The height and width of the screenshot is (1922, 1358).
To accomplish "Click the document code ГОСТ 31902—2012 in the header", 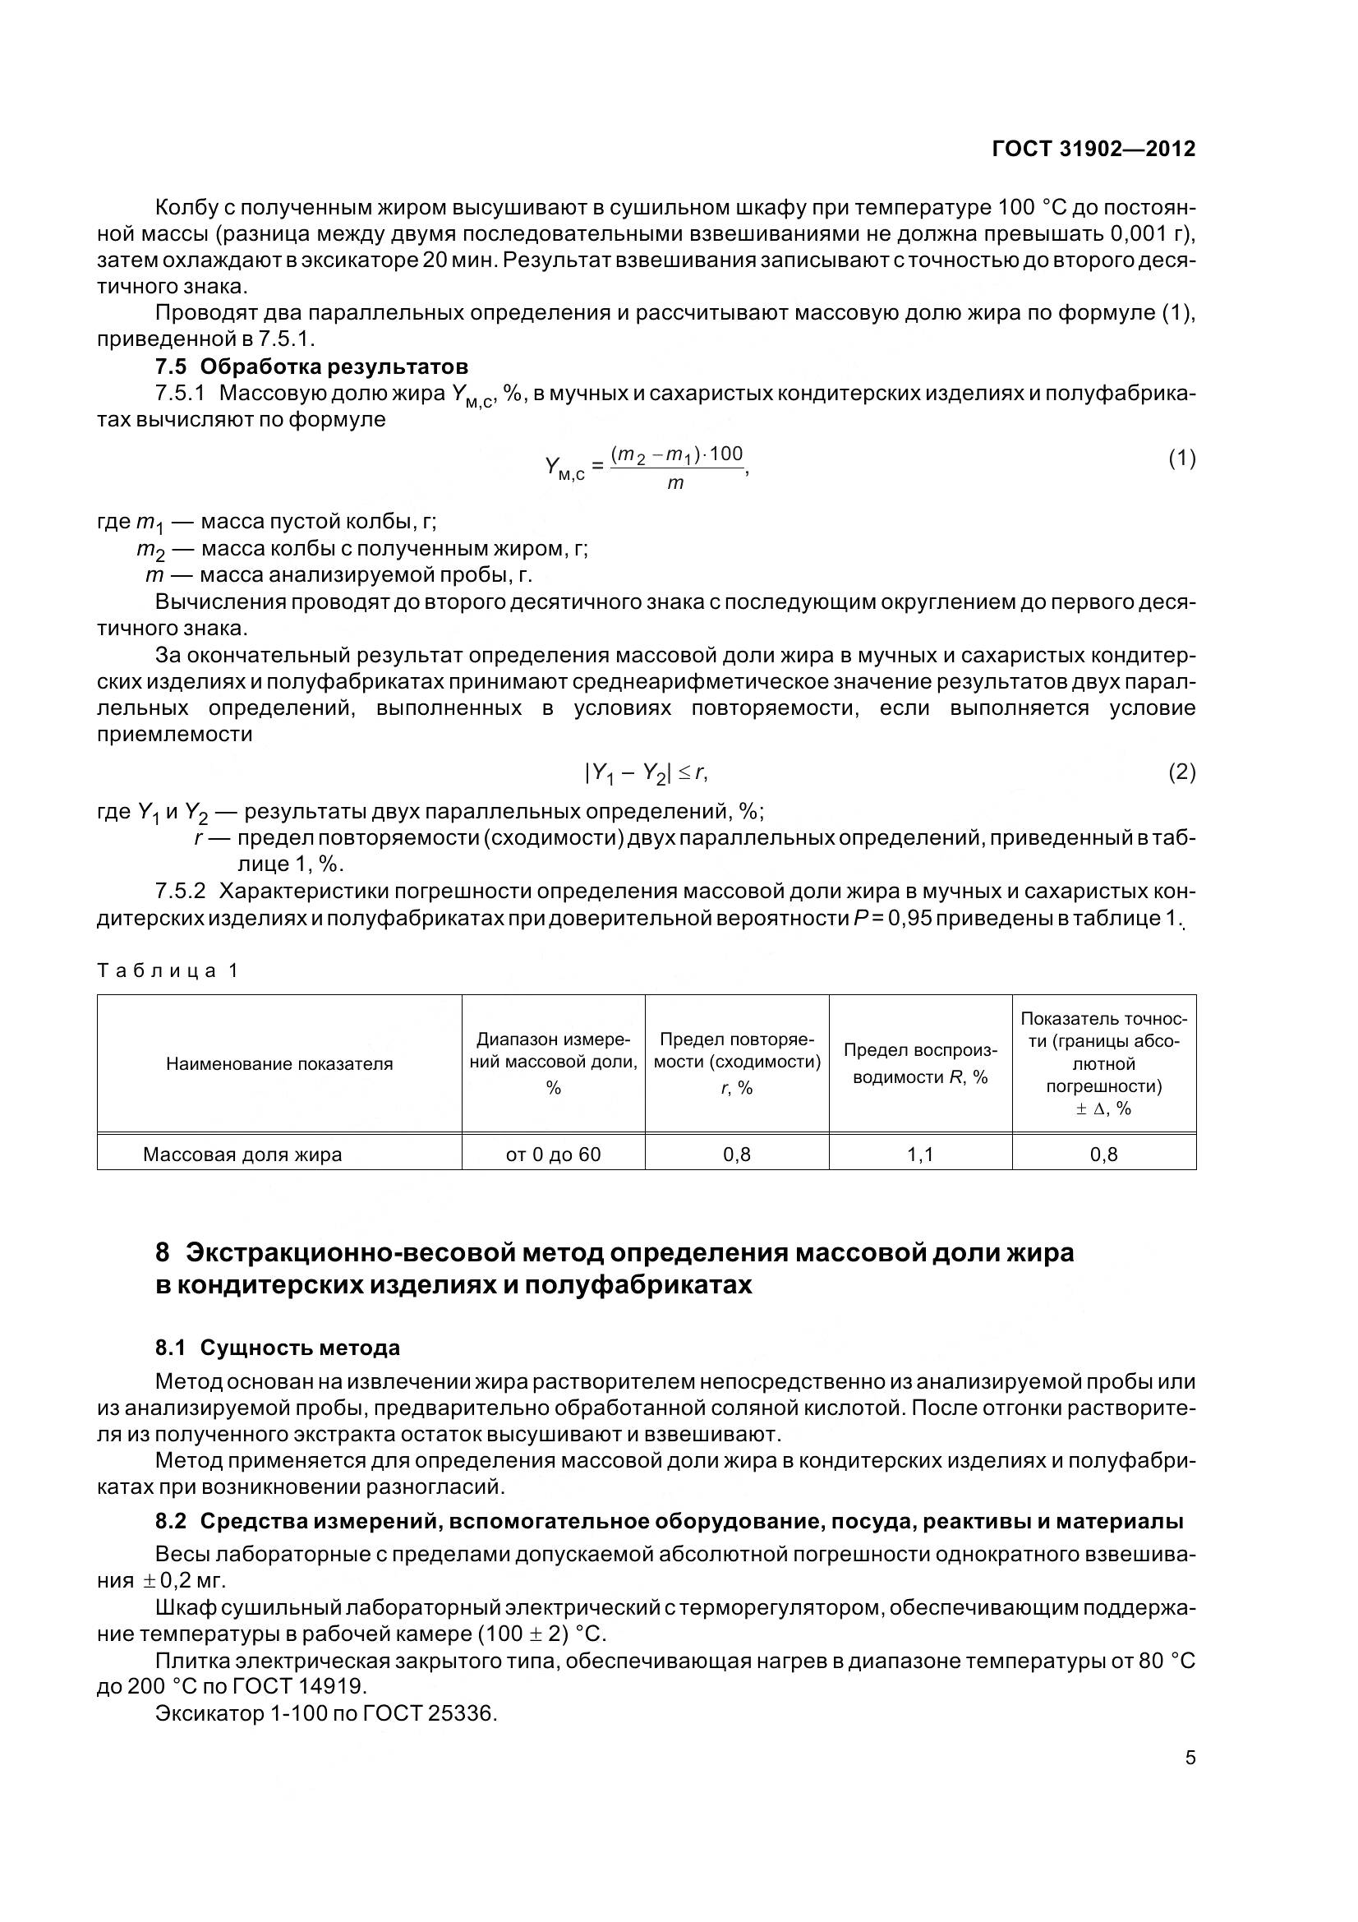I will click(x=1093, y=149).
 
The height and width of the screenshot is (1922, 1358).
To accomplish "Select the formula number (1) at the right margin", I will click(x=1181, y=458).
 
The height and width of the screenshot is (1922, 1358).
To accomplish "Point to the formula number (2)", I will click(x=1181, y=772).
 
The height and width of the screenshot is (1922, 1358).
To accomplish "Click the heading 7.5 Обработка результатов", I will click(x=311, y=366).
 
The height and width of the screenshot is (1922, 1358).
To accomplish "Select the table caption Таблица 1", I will click(x=168, y=970).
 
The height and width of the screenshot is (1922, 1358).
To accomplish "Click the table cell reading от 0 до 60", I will click(x=553, y=1155).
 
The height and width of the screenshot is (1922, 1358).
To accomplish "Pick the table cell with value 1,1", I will click(x=919, y=1155).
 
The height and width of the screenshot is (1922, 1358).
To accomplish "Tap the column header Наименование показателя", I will click(x=279, y=1064).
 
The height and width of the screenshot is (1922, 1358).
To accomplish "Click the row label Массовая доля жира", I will click(x=242, y=1155).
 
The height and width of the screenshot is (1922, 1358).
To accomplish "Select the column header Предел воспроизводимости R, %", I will click(x=919, y=1063).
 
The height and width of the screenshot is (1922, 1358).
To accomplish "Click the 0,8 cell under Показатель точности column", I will click(x=1103, y=1155).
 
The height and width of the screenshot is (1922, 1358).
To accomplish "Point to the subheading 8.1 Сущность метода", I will click(x=278, y=1348).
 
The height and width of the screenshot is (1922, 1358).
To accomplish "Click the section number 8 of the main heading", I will click(x=163, y=1252).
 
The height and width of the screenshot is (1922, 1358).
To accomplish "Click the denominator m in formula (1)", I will click(x=675, y=483).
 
